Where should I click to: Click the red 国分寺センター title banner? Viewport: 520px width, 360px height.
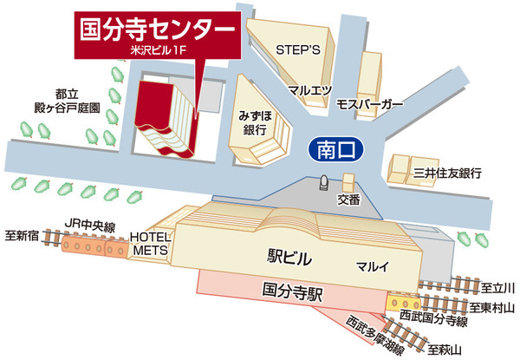(x=157, y=29)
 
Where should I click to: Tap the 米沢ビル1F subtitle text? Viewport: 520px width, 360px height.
(x=158, y=54)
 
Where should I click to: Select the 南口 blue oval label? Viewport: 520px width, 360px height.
(x=334, y=150)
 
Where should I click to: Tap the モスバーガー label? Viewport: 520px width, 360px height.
(x=370, y=104)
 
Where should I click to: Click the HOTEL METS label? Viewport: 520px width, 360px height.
(x=149, y=243)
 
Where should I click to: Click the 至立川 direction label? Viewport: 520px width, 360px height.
(x=497, y=287)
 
